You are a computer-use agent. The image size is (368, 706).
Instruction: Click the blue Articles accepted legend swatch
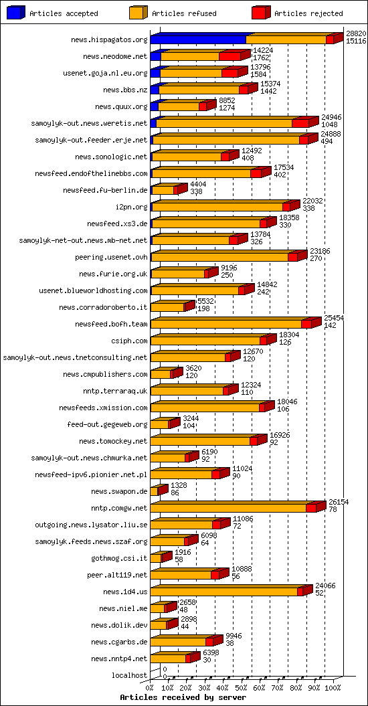coord(17,13)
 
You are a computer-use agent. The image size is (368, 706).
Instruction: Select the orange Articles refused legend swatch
coord(139,13)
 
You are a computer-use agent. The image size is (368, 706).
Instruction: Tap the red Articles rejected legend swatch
coord(261,13)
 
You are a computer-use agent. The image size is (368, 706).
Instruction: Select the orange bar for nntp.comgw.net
coord(228,509)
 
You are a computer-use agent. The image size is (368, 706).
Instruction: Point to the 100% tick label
coord(333,687)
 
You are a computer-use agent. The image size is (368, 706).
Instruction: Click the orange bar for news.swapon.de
coord(154,492)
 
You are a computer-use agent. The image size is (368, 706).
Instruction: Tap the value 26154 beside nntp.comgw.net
coord(339,501)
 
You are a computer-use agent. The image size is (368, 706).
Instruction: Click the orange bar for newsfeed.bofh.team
coord(226,325)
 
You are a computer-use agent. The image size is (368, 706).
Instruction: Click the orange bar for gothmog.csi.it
coord(156,559)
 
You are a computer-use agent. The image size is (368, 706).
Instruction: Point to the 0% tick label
coord(151,687)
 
